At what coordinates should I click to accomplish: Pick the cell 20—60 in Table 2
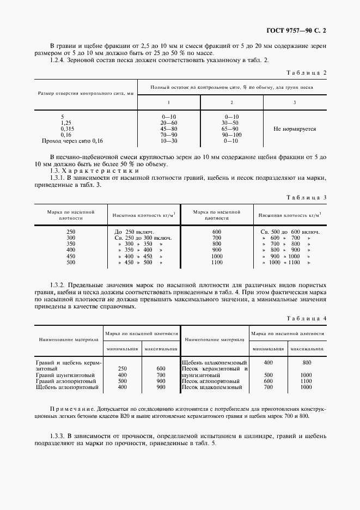click(x=168, y=123)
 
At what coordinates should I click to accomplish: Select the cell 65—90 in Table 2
click(x=231, y=129)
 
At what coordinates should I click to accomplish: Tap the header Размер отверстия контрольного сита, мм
click(x=86, y=93)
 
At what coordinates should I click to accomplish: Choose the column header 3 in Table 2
click(x=295, y=102)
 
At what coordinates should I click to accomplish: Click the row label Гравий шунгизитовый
click(x=65, y=375)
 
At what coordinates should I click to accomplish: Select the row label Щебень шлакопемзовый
click(x=214, y=362)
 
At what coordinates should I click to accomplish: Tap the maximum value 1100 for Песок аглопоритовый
click(x=306, y=381)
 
